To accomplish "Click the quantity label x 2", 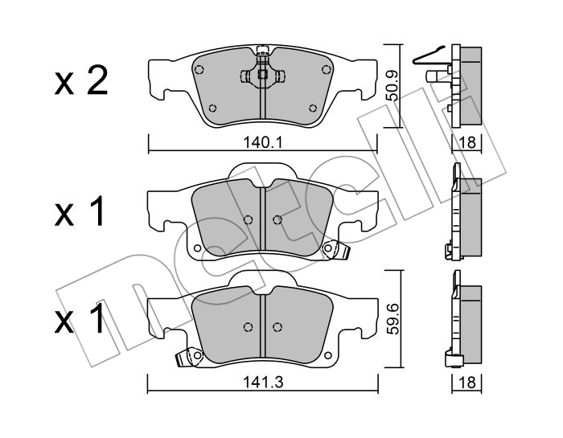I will pos(80,83).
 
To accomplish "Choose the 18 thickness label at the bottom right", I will pos(467,383).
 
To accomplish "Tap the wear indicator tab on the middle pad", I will pos(332,250).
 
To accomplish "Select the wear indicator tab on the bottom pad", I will pos(191,356).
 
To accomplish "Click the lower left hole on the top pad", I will pos(212,109).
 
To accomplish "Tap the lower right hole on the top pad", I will pos(313,109).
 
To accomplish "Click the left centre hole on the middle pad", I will pos(248,219).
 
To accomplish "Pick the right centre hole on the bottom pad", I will pos(277,326).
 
